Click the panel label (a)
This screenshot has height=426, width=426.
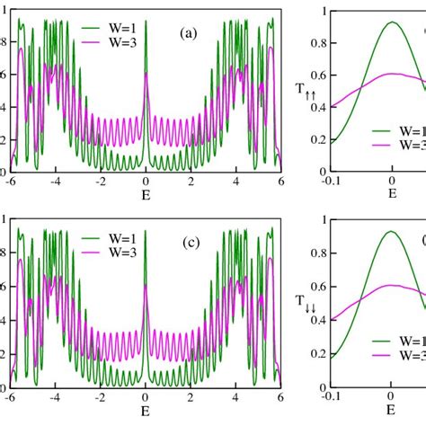tap(188, 33)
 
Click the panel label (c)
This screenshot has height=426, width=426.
tap(188, 244)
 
